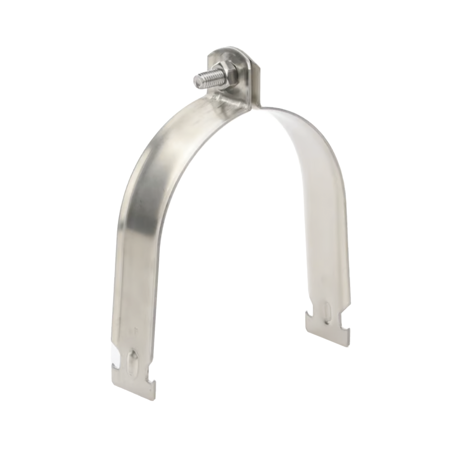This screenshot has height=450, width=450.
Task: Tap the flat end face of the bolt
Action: tap(195, 82)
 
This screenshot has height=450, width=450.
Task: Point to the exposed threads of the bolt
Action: tap(204, 80)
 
